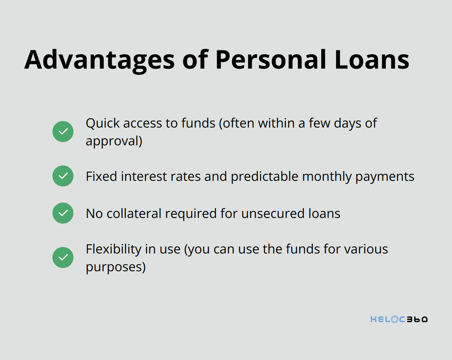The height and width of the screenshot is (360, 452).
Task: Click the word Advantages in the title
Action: coord(100,60)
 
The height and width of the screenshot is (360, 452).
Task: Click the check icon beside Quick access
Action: coord(63,132)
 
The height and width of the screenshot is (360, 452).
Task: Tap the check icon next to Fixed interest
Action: coord(63,176)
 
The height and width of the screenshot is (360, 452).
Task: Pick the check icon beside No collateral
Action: coord(63,213)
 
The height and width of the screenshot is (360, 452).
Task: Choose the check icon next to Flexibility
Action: coord(63,257)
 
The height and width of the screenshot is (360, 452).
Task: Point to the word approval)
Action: coord(114,141)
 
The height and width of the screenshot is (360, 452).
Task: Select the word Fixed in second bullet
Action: coord(101,176)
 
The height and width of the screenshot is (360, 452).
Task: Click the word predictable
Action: coord(264,176)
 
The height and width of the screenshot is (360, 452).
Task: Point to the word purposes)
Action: coord(115,267)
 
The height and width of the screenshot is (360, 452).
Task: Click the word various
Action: coord(366,249)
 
